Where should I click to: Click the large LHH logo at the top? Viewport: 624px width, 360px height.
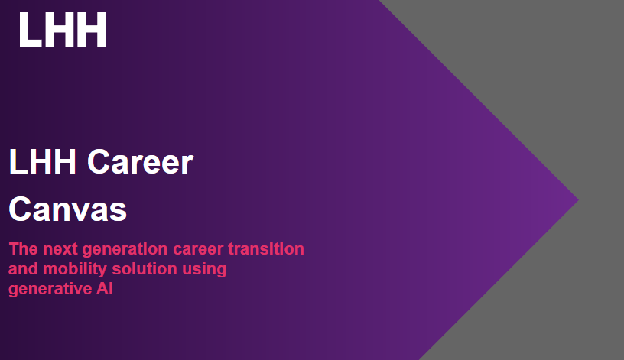click(x=63, y=30)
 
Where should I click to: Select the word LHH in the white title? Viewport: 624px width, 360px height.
click(x=42, y=161)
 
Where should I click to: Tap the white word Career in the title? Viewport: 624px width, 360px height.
click(x=140, y=161)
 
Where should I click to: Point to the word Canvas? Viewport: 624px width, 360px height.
click(x=67, y=209)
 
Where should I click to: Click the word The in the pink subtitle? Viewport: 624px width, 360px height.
click(x=24, y=249)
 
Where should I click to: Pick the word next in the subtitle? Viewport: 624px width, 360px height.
click(x=60, y=249)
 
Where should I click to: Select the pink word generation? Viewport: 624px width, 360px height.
click(x=125, y=250)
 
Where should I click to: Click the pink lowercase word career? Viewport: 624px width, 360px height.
click(x=198, y=250)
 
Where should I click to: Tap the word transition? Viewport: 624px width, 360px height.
click(x=266, y=249)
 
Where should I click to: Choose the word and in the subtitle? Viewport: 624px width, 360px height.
click(x=24, y=269)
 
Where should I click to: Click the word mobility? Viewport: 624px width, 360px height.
click(x=75, y=270)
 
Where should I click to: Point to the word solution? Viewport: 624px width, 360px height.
click(x=145, y=269)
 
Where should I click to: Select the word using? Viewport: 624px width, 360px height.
click(x=204, y=270)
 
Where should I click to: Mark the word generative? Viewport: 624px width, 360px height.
click(x=50, y=289)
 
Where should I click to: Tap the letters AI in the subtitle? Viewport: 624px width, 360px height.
click(x=104, y=288)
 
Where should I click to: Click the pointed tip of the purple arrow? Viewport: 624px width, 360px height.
click(x=578, y=200)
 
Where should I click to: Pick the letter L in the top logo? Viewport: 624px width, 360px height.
click(x=30, y=30)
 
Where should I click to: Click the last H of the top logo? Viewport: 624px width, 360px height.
click(x=93, y=30)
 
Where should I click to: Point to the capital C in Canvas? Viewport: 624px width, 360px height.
click(x=20, y=209)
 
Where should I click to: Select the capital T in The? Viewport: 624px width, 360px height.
click(x=14, y=249)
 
